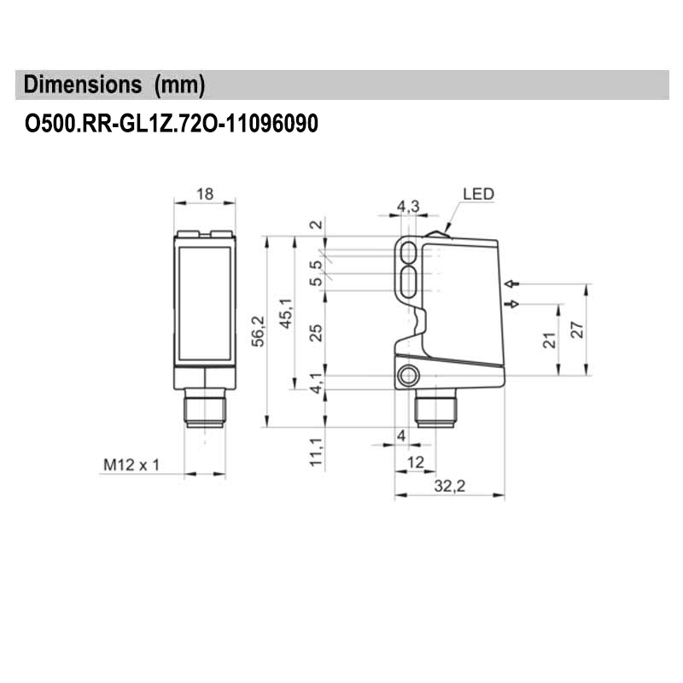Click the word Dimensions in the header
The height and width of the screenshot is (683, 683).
(83, 84)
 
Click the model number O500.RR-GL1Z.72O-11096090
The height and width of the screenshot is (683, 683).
(172, 123)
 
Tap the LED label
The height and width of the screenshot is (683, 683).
(478, 194)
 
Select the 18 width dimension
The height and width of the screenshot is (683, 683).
(205, 194)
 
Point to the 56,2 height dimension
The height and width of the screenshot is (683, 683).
(259, 331)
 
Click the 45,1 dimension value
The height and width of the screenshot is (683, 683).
(286, 313)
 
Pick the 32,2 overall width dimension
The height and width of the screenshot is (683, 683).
(450, 486)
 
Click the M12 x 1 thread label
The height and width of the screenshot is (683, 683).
(131, 464)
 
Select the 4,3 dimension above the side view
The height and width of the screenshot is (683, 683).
(408, 206)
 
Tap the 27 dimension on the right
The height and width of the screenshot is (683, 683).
(577, 330)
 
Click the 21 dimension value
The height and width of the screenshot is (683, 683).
(550, 340)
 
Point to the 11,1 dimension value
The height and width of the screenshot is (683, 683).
(316, 452)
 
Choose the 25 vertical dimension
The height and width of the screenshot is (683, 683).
(316, 333)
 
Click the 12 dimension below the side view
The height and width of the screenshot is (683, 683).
(415, 462)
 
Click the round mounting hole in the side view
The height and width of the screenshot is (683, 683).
(409, 376)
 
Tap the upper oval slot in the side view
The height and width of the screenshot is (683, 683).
(409, 253)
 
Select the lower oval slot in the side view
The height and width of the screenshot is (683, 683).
(409, 282)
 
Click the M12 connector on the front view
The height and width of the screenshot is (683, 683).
(205, 408)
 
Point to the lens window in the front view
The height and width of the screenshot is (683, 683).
(205, 304)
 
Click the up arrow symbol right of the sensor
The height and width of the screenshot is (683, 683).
(512, 284)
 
